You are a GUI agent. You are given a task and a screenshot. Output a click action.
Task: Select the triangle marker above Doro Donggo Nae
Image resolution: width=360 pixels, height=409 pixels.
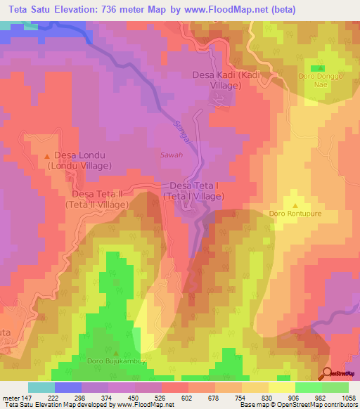pyautogui.click(x=321, y=67)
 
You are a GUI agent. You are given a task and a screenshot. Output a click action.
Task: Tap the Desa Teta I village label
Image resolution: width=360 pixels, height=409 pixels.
pyautogui.click(x=196, y=191)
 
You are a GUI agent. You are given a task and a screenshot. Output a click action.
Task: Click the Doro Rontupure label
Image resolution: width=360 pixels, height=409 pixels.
pyautogui.click(x=295, y=211)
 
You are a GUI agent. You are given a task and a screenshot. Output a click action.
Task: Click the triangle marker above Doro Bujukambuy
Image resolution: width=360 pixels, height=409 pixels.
pyautogui.click(x=116, y=352)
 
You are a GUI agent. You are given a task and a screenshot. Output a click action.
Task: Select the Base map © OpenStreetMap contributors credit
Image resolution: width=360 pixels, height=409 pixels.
pyautogui.click(x=297, y=405)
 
